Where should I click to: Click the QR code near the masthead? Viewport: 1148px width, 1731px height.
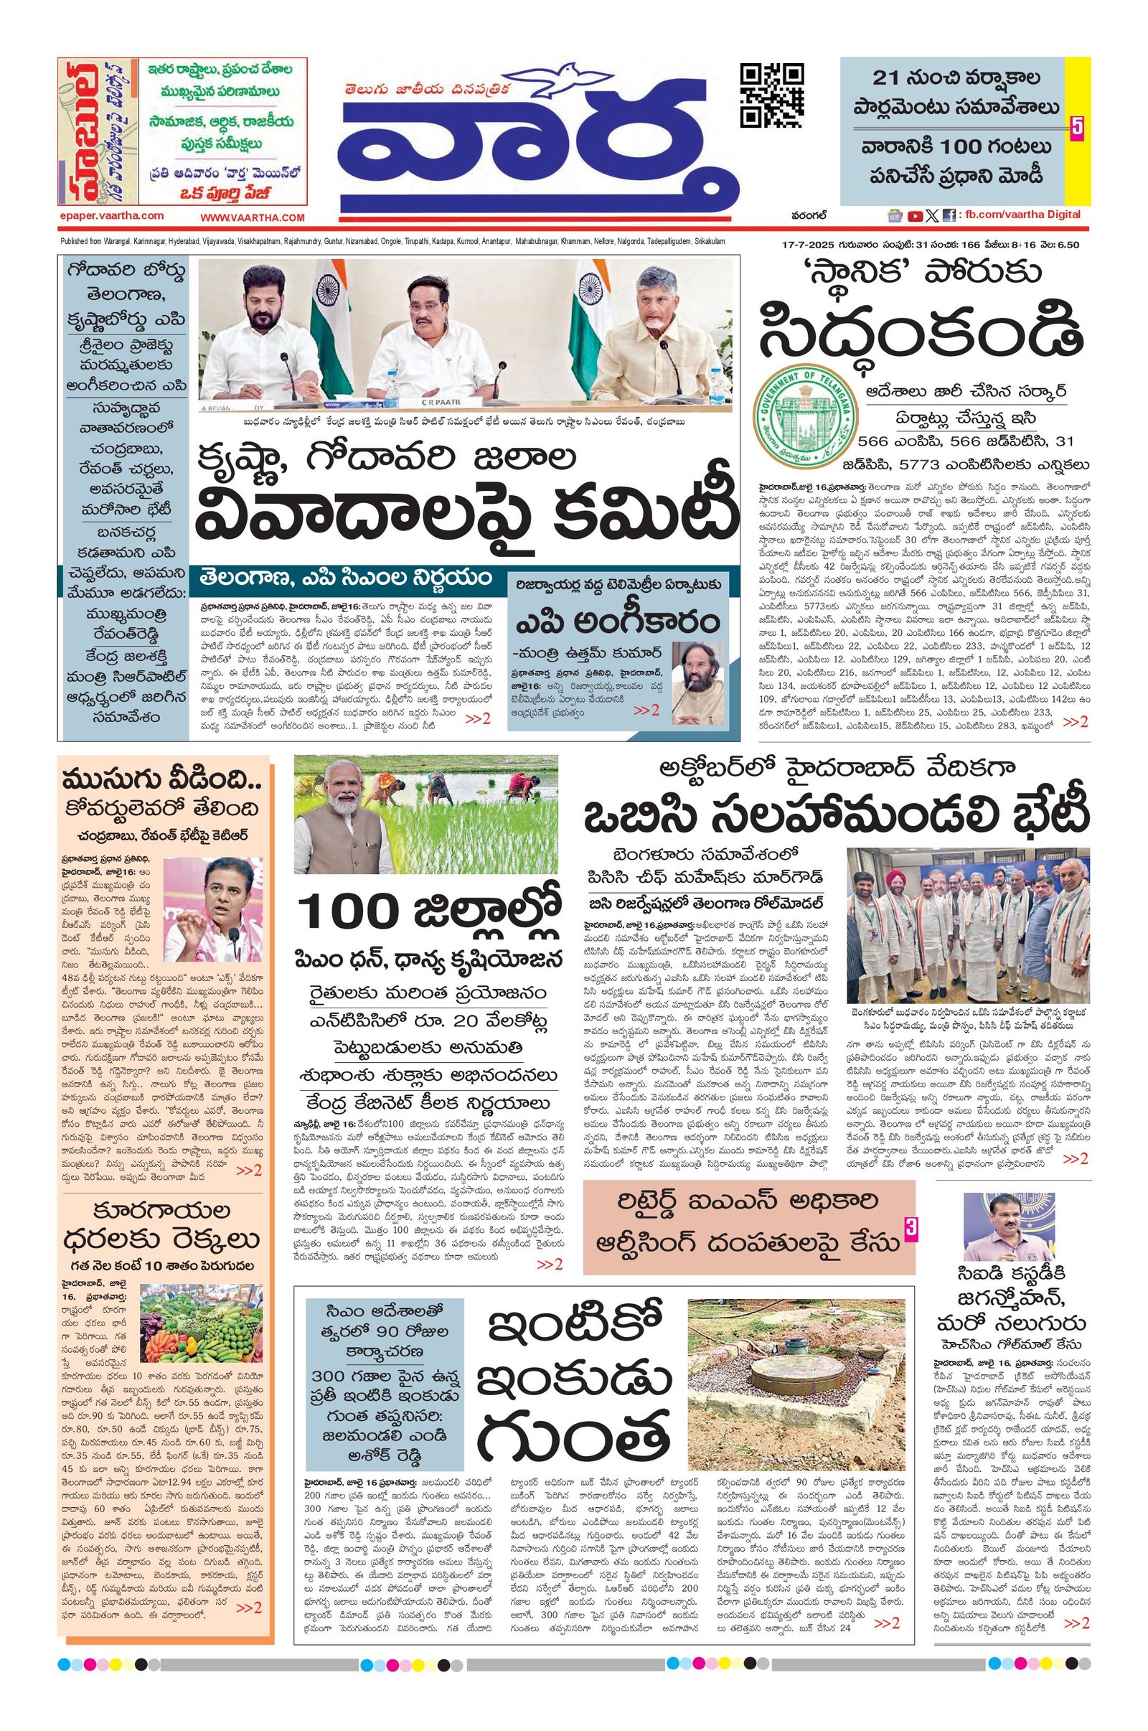coord(773,96)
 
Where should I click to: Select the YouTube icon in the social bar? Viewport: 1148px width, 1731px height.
coord(914,215)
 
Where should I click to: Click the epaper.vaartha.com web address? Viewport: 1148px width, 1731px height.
coord(112,216)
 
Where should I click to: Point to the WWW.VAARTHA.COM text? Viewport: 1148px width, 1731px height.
coord(253,217)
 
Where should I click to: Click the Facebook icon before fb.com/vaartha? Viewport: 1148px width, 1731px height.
coord(948,215)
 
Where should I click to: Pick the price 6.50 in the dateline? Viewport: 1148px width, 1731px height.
coord(1066,245)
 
